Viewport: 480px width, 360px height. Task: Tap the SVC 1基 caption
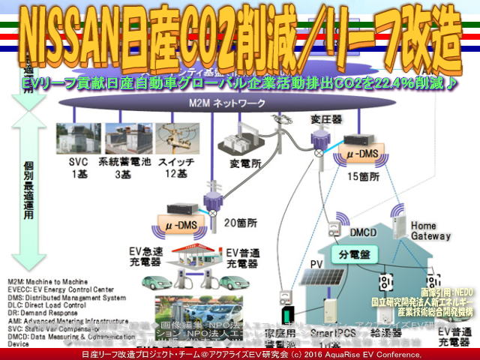[x=80, y=168]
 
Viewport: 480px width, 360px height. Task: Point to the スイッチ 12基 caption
[x=177, y=168]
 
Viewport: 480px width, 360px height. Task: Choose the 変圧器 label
[x=325, y=119]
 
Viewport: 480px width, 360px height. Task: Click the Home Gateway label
[x=424, y=231]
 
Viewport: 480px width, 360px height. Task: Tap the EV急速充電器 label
[x=139, y=259]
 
